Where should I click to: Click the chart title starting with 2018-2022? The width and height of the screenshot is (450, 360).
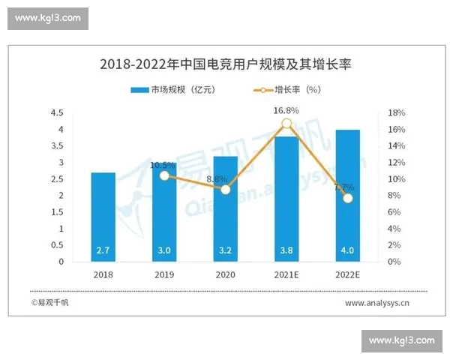(x=225, y=65)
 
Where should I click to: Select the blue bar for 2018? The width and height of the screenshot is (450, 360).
(x=103, y=217)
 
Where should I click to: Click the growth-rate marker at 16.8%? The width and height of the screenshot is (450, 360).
(x=286, y=124)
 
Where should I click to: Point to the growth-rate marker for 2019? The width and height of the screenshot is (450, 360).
(x=164, y=175)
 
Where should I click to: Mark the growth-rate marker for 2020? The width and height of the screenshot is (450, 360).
(x=225, y=190)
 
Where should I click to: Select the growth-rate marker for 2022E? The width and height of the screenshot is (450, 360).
(x=347, y=198)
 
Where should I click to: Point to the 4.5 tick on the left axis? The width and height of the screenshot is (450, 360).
(x=57, y=113)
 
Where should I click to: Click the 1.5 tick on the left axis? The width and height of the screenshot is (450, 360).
(x=57, y=212)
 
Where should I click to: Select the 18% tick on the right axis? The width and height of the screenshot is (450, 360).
(x=397, y=113)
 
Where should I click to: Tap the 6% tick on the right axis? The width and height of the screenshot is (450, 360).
(x=394, y=212)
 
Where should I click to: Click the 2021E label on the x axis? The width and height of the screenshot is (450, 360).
(x=286, y=275)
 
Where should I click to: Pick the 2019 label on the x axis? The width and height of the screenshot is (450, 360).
(x=164, y=275)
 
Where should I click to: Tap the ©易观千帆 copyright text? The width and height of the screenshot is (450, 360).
(x=49, y=303)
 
